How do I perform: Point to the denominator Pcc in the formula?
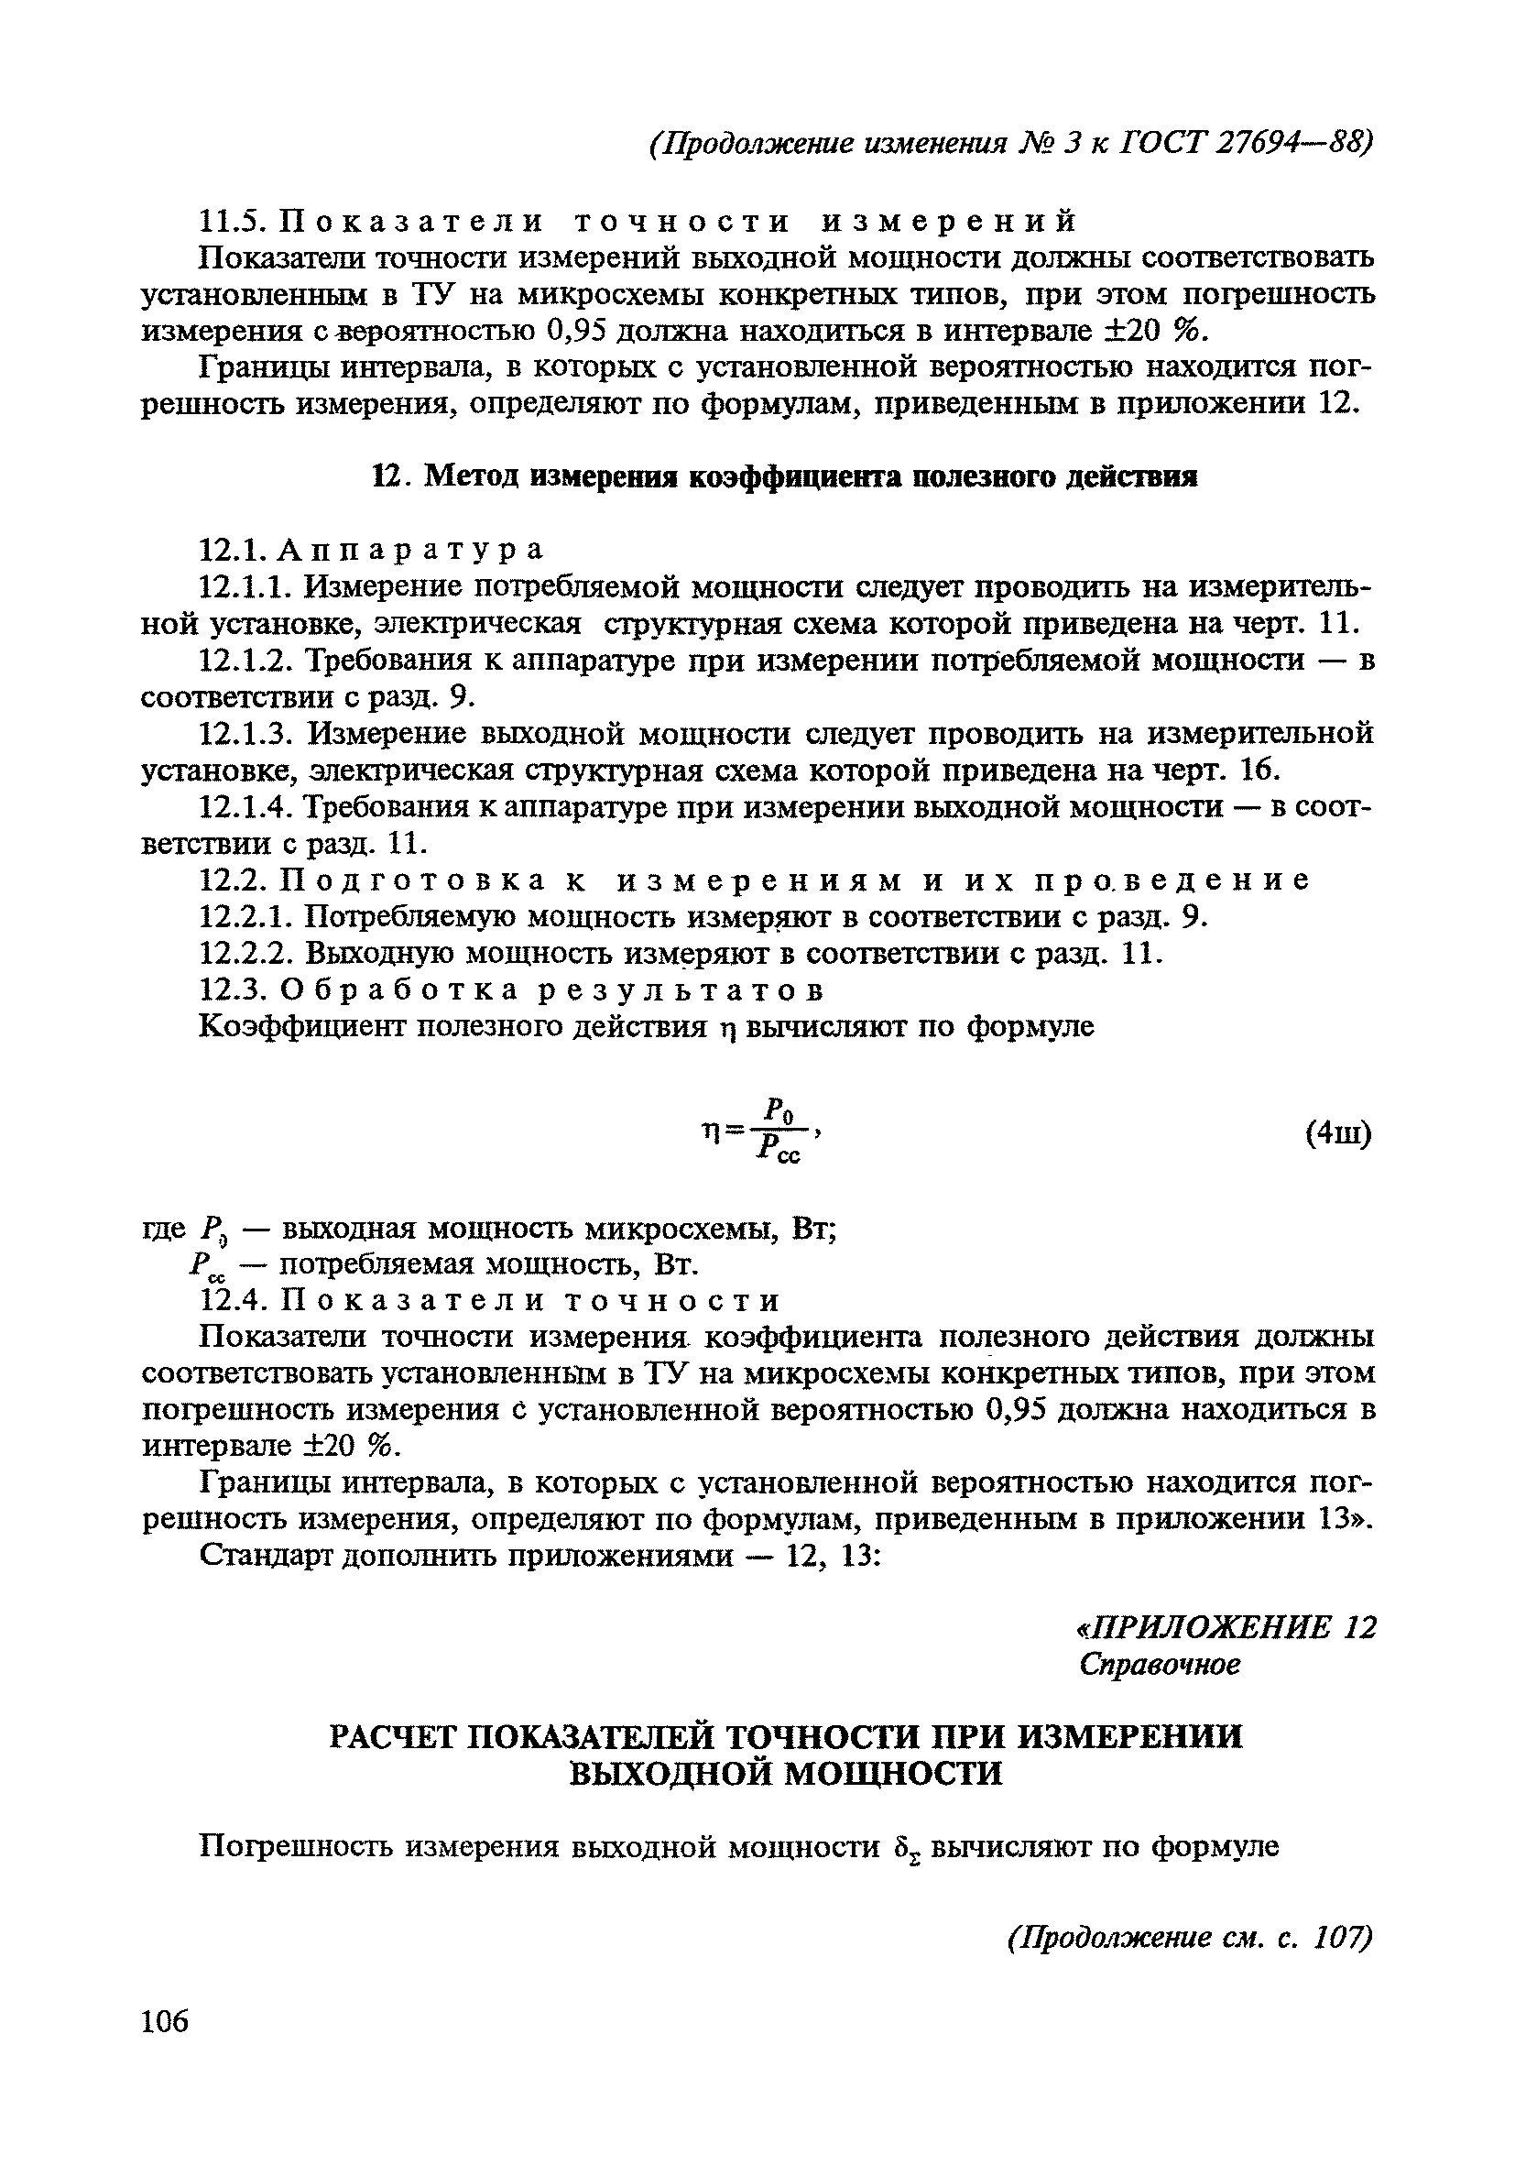[778, 1150]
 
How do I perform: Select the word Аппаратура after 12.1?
[412, 549]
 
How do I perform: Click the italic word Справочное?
[1160, 1666]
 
